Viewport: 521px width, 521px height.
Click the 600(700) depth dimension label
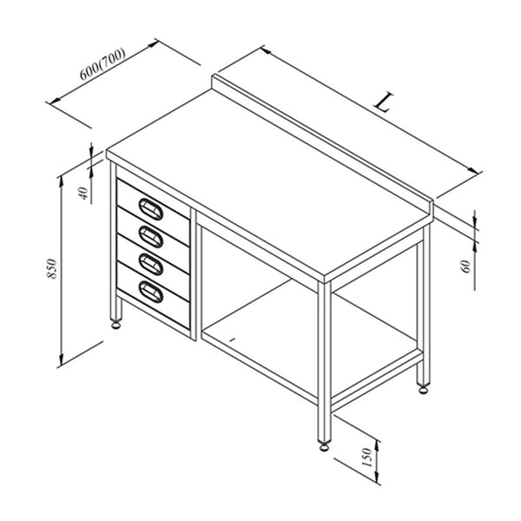pyautogui.click(x=102, y=64)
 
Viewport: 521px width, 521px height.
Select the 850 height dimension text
pyautogui.click(x=52, y=268)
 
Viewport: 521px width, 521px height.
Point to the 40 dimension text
pyautogui.click(x=84, y=194)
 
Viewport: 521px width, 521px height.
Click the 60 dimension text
pyautogui.click(x=466, y=267)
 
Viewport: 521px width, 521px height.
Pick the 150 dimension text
pyautogui.click(x=366, y=458)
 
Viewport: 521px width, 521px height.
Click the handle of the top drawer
pyautogui.click(x=151, y=209)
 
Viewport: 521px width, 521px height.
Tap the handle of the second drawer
pyautogui.click(x=151, y=236)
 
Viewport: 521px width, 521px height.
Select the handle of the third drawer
pyautogui.click(x=151, y=264)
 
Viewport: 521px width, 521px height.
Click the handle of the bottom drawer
pyautogui.click(x=151, y=292)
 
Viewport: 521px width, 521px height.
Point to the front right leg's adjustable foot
pyautogui.click(x=324, y=446)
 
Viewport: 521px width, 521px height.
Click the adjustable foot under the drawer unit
pyautogui.click(x=116, y=324)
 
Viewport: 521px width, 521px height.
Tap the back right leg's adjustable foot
pyautogui.click(x=423, y=389)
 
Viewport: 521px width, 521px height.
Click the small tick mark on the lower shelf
pyautogui.click(x=233, y=340)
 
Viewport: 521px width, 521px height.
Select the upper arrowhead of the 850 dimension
pyautogui.click(x=61, y=182)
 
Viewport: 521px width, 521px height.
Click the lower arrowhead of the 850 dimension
pyautogui.click(x=61, y=359)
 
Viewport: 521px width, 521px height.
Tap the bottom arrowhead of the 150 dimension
pyautogui.click(x=377, y=477)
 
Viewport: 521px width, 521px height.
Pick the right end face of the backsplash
pyautogui.click(x=432, y=211)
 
